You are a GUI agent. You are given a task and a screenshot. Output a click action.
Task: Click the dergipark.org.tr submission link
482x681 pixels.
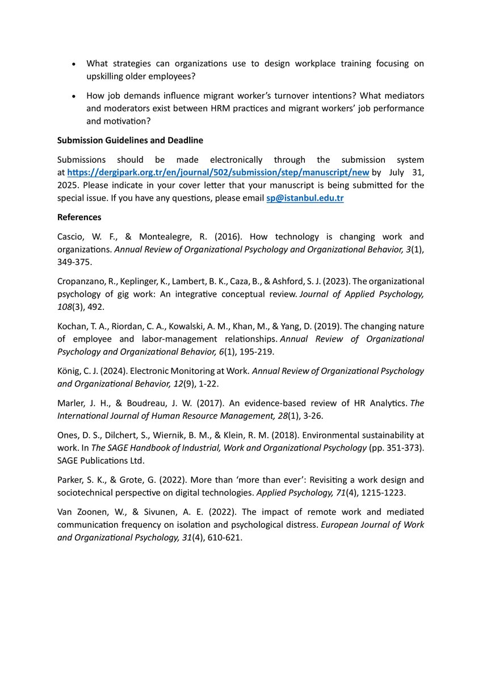(x=219, y=173)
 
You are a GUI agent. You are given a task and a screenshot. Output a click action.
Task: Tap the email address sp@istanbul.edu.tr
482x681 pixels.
(x=305, y=198)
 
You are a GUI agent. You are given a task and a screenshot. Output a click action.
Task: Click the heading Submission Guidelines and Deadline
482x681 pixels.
(x=130, y=140)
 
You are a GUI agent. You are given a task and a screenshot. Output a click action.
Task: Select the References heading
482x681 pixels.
(x=79, y=217)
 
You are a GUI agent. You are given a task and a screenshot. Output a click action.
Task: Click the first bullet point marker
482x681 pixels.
(x=73, y=65)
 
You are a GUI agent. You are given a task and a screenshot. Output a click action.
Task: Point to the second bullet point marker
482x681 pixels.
(x=73, y=96)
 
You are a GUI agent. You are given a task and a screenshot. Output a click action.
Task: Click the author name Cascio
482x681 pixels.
(x=71, y=237)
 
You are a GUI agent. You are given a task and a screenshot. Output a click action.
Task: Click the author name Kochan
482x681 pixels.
(x=72, y=326)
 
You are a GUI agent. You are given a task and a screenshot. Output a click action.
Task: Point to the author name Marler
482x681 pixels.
(x=72, y=403)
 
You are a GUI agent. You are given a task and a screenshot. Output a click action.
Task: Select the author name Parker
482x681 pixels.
(x=71, y=480)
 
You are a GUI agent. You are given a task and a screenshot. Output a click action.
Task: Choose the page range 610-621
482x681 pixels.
(x=222, y=537)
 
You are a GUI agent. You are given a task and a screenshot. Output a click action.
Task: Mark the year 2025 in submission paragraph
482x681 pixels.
(x=69, y=186)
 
